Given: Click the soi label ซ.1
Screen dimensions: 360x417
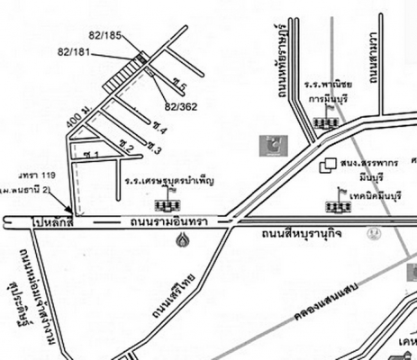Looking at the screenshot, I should (x=89, y=155).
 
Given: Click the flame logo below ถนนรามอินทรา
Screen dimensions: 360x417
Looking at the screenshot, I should (x=185, y=241).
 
